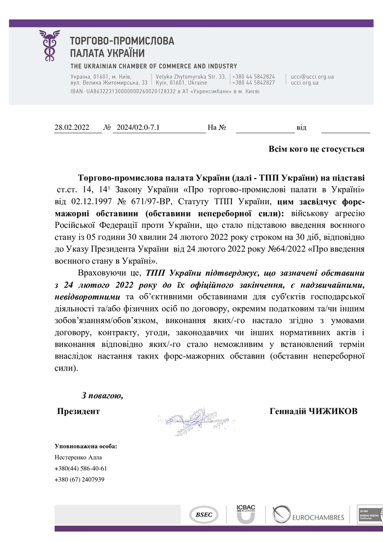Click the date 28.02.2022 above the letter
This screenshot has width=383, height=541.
click(72, 128)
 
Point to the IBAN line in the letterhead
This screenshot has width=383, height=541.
click(165, 91)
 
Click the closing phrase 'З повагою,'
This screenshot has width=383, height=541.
click(102, 396)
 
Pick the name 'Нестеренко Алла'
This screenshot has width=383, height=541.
click(78, 457)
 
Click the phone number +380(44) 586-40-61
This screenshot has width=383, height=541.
click(80, 468)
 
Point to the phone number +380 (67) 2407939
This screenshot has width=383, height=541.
click(79, 479)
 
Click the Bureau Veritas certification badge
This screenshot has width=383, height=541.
click(369, 515)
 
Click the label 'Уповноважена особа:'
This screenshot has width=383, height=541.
click(86, 446)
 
